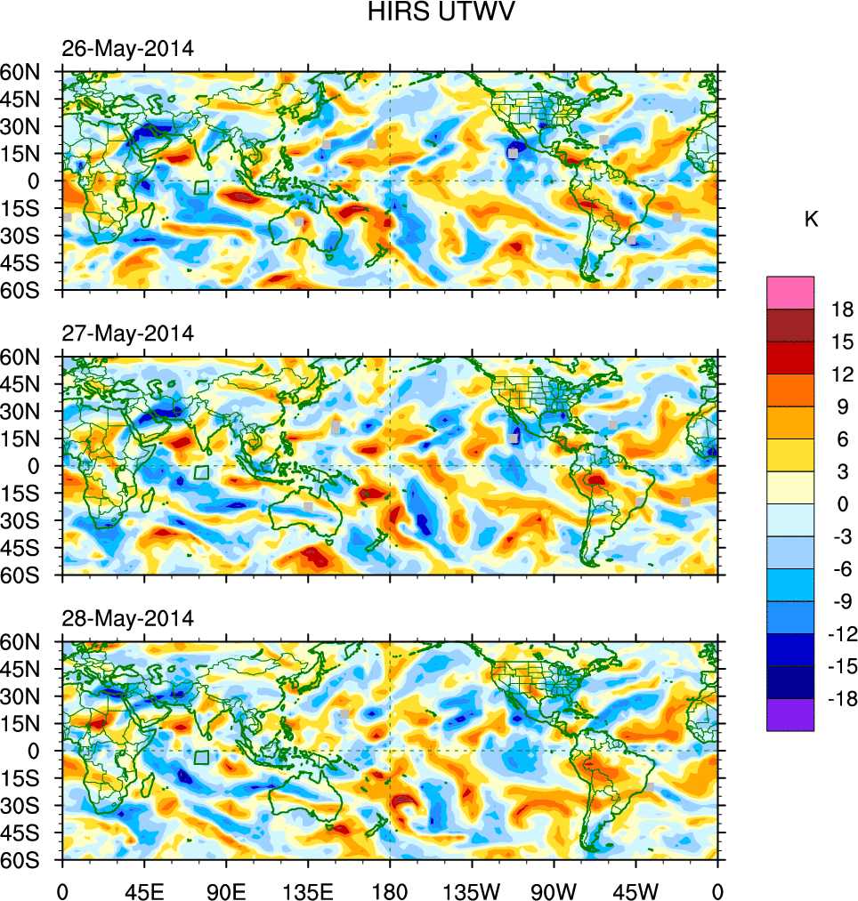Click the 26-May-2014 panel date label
pyautogui.click(x=127, y=49)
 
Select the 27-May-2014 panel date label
pyautogui.click(x=127, y=334)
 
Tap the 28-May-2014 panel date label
pyautogui.click(x=127, y=619)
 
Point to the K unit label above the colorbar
pyautogui.click(x=811, y=220)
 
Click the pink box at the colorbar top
pyautogui.click(x=790, y=292)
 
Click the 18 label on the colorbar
pyautogui.click(x=840, y=310)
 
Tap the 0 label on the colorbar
pyautogui.click(x=840, y=504)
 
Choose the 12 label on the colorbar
pyautogui.click(x=840, y=374)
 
